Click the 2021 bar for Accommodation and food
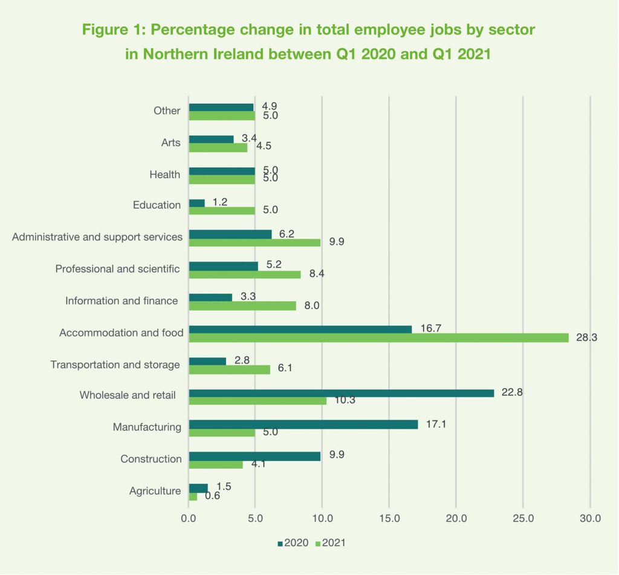379,338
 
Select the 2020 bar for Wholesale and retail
342,393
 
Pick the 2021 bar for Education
222,211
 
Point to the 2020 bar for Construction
254,456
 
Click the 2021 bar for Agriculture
193,496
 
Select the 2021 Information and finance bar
242,306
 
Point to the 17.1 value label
438,424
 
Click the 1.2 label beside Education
219,202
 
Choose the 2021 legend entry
329,543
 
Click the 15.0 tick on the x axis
389,518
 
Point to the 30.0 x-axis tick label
589,518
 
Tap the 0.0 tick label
189,518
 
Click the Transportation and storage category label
115,365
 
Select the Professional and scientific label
117,269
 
